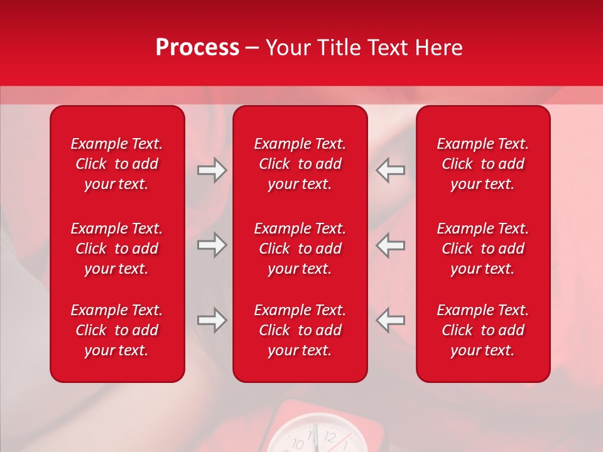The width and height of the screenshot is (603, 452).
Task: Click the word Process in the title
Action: pos(197,48)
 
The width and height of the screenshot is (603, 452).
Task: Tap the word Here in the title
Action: pos(438,48)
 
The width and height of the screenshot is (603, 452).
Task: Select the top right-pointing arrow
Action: pos(212,170)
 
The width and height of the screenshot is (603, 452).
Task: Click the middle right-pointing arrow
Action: pos(212,245)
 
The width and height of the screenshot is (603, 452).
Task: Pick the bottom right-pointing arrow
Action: pos(212,320)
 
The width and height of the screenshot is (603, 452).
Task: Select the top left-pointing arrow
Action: pos(391,170)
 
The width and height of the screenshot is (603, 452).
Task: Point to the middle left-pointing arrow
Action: pos(391,245)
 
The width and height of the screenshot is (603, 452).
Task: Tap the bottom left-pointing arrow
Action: pos(391,320)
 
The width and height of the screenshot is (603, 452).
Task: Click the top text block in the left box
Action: pos(117,164)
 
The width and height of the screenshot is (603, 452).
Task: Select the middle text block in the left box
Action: pos(117,249)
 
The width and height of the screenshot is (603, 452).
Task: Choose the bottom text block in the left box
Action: pos(117,330)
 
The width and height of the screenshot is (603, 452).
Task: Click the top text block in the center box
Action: pos(300,164)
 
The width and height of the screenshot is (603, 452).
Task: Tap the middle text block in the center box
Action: pos(300,249)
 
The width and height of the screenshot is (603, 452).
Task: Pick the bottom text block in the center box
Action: pos(300,330)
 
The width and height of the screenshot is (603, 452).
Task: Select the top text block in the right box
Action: pos(482,164)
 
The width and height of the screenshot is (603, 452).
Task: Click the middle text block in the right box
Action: pos(482,249)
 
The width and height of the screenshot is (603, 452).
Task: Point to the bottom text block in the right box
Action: pos(482,330)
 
